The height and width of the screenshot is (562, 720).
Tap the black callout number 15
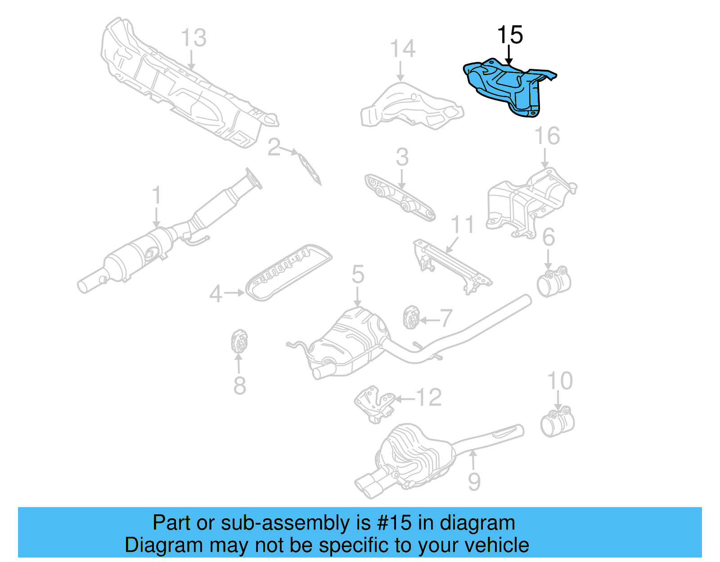[510, 35]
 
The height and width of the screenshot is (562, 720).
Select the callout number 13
[193, 38]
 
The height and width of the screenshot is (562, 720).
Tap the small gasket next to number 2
[310, 169]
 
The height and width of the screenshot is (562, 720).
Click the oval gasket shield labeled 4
[288, 272]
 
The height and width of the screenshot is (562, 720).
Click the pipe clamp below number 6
[553, 282]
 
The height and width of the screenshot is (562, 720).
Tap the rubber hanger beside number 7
[410, 317]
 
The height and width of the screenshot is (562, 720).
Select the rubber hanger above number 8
[239, 342]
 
